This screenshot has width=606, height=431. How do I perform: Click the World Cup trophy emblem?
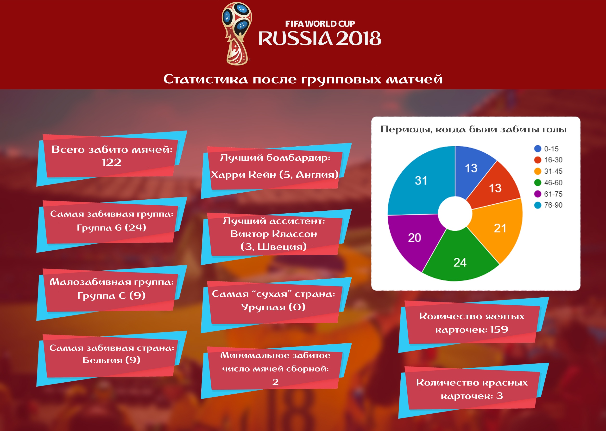click(237, 33)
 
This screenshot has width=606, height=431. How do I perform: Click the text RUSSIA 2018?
click(320, 39)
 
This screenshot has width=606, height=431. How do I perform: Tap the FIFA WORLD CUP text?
click(320, 24)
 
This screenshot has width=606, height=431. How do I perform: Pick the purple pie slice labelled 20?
click(412, 239)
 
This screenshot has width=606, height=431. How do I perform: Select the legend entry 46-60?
click(548, 183)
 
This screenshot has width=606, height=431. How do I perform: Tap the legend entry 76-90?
click(548, 205)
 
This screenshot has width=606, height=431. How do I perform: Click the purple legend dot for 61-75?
click(538, 194)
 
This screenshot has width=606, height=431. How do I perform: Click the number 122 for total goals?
click(112, 163)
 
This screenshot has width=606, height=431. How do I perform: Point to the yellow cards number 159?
click(499, 329)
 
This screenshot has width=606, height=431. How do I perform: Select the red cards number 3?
click(499, 396)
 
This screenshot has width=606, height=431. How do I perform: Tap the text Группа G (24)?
click(111, 228)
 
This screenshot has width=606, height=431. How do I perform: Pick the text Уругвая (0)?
click(273, 307)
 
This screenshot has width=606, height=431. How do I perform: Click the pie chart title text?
click(473, 130)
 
